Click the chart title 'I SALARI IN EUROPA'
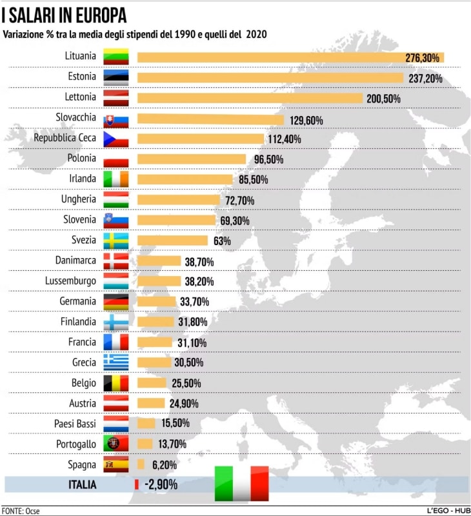click(63, 15)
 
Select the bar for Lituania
click(290, 57)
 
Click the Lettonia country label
click(81, 97)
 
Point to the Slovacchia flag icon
click(116, 119)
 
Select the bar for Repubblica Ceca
click(201, 139)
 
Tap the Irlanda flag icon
click(116, 179)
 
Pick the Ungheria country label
click(78, 199)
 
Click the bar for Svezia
click(172, 241)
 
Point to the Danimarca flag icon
click(116, 261)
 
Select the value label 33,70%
click(195, 302)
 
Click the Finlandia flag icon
click(116, 322)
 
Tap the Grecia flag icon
click(116, 362)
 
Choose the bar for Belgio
click(152, 383)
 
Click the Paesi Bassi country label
click(75, 424)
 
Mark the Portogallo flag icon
click(116, 444)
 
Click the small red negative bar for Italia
click(137, 484)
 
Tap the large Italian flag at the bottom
click(241, 484)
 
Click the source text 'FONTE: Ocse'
click(21, 510)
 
